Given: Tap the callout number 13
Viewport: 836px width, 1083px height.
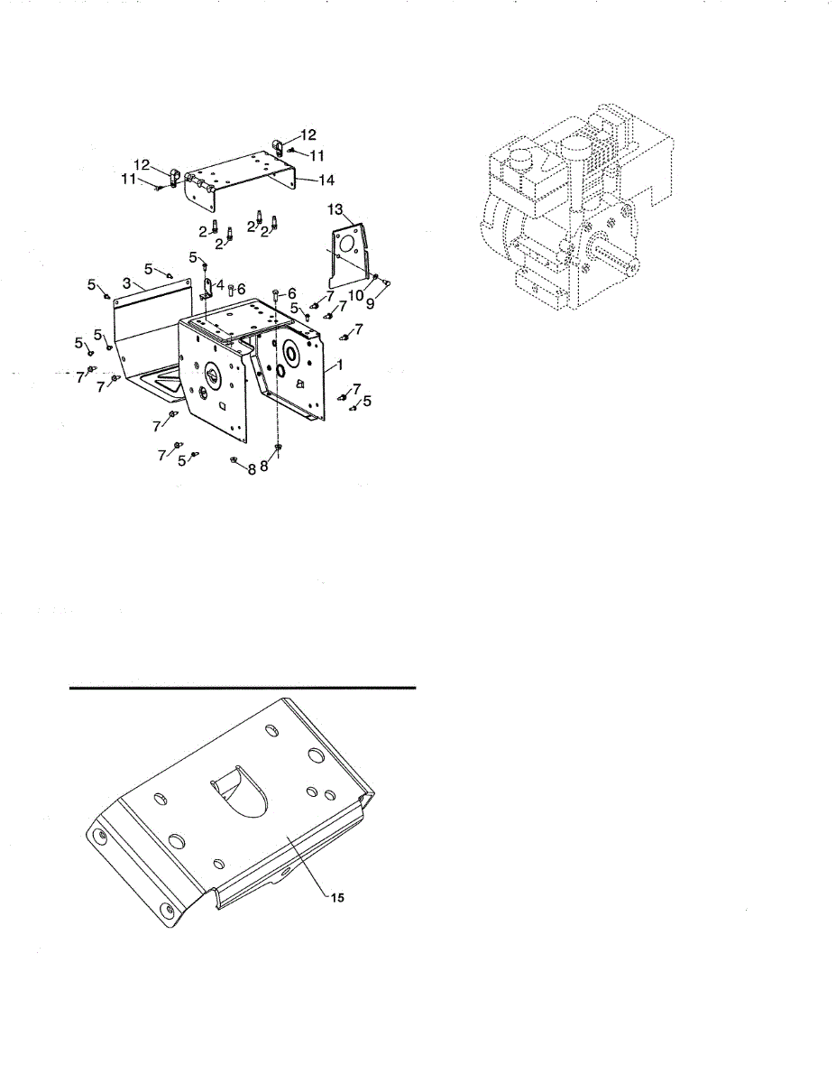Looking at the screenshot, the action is coord(335,210).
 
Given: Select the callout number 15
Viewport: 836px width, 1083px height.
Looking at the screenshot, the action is coord(335,898).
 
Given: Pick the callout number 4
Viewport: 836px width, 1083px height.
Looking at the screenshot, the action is coord(220,284).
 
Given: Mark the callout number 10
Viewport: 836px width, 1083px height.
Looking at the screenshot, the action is coord(355,295).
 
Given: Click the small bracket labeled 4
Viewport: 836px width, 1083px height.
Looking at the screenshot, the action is coord(207,290).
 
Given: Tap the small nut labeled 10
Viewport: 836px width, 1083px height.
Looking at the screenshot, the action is coord(374,276).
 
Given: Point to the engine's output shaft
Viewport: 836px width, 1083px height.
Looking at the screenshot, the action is coord(623,263).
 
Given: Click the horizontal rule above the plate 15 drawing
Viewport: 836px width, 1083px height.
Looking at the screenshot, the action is coord(243,687).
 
